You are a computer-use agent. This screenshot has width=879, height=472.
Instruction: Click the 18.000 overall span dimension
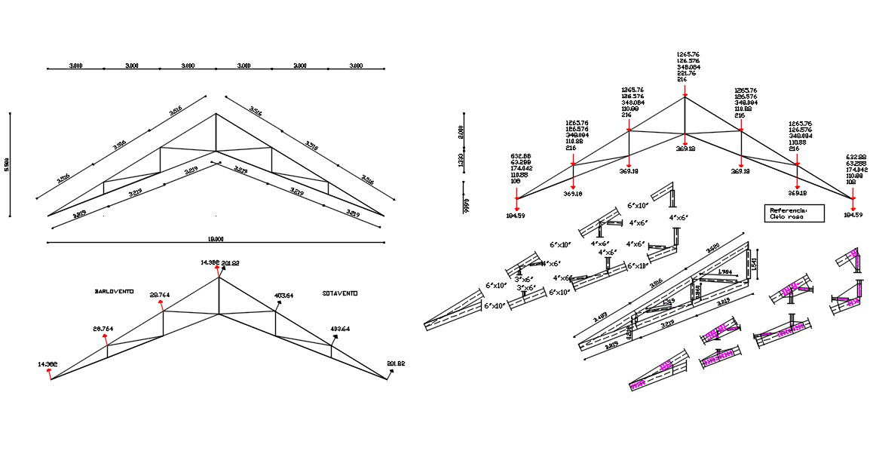216,239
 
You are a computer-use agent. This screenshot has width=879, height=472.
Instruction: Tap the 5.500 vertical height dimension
7,165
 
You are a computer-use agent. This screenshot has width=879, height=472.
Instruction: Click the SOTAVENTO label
339,293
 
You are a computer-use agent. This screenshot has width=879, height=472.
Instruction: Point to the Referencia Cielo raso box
794,213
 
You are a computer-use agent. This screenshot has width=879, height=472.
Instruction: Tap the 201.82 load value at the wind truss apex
230,263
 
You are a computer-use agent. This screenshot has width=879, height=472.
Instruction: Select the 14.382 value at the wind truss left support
47,364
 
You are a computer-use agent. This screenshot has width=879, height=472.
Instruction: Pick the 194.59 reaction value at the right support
853,216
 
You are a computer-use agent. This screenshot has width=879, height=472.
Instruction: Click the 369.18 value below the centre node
685,149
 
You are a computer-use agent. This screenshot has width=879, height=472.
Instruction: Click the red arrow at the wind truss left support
51,374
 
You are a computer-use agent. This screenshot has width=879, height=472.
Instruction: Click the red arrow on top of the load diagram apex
685,90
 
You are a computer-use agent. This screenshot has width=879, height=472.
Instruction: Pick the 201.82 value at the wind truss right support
396,364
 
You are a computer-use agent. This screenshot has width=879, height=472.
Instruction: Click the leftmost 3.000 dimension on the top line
75,66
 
